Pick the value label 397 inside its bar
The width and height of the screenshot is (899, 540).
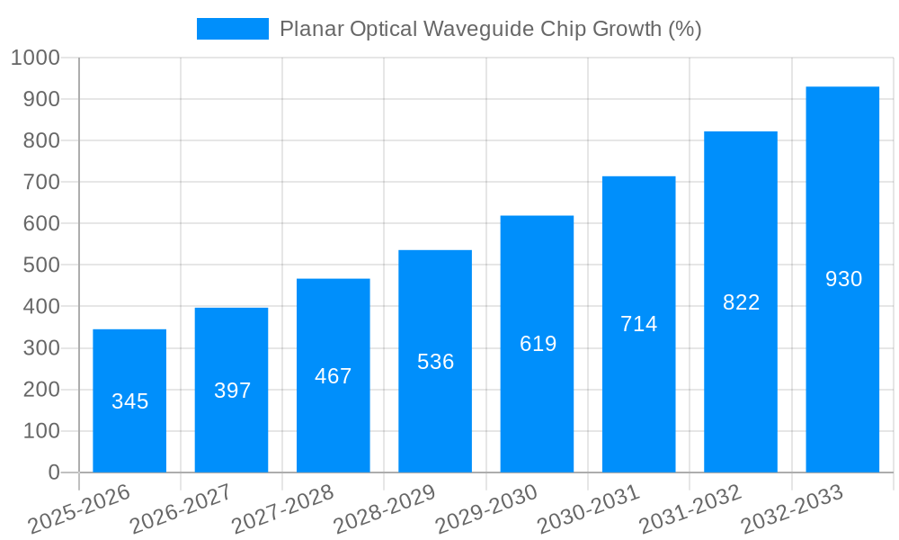tap(232, 391)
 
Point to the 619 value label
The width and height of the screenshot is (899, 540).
tap(538, 344)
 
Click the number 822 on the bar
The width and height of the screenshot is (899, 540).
tap(741, 302)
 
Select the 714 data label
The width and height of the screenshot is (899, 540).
tap(638, 324)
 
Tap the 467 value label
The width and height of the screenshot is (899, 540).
tap(334, 376)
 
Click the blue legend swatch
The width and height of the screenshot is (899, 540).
tap(232, 29)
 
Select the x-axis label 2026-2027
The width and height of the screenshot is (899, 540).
tap(181, 508)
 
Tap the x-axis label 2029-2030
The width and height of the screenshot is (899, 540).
tap(486, 508)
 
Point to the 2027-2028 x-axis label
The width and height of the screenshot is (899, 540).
tap(282, 508)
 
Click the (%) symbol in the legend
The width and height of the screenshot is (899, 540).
tap(684, 29)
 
